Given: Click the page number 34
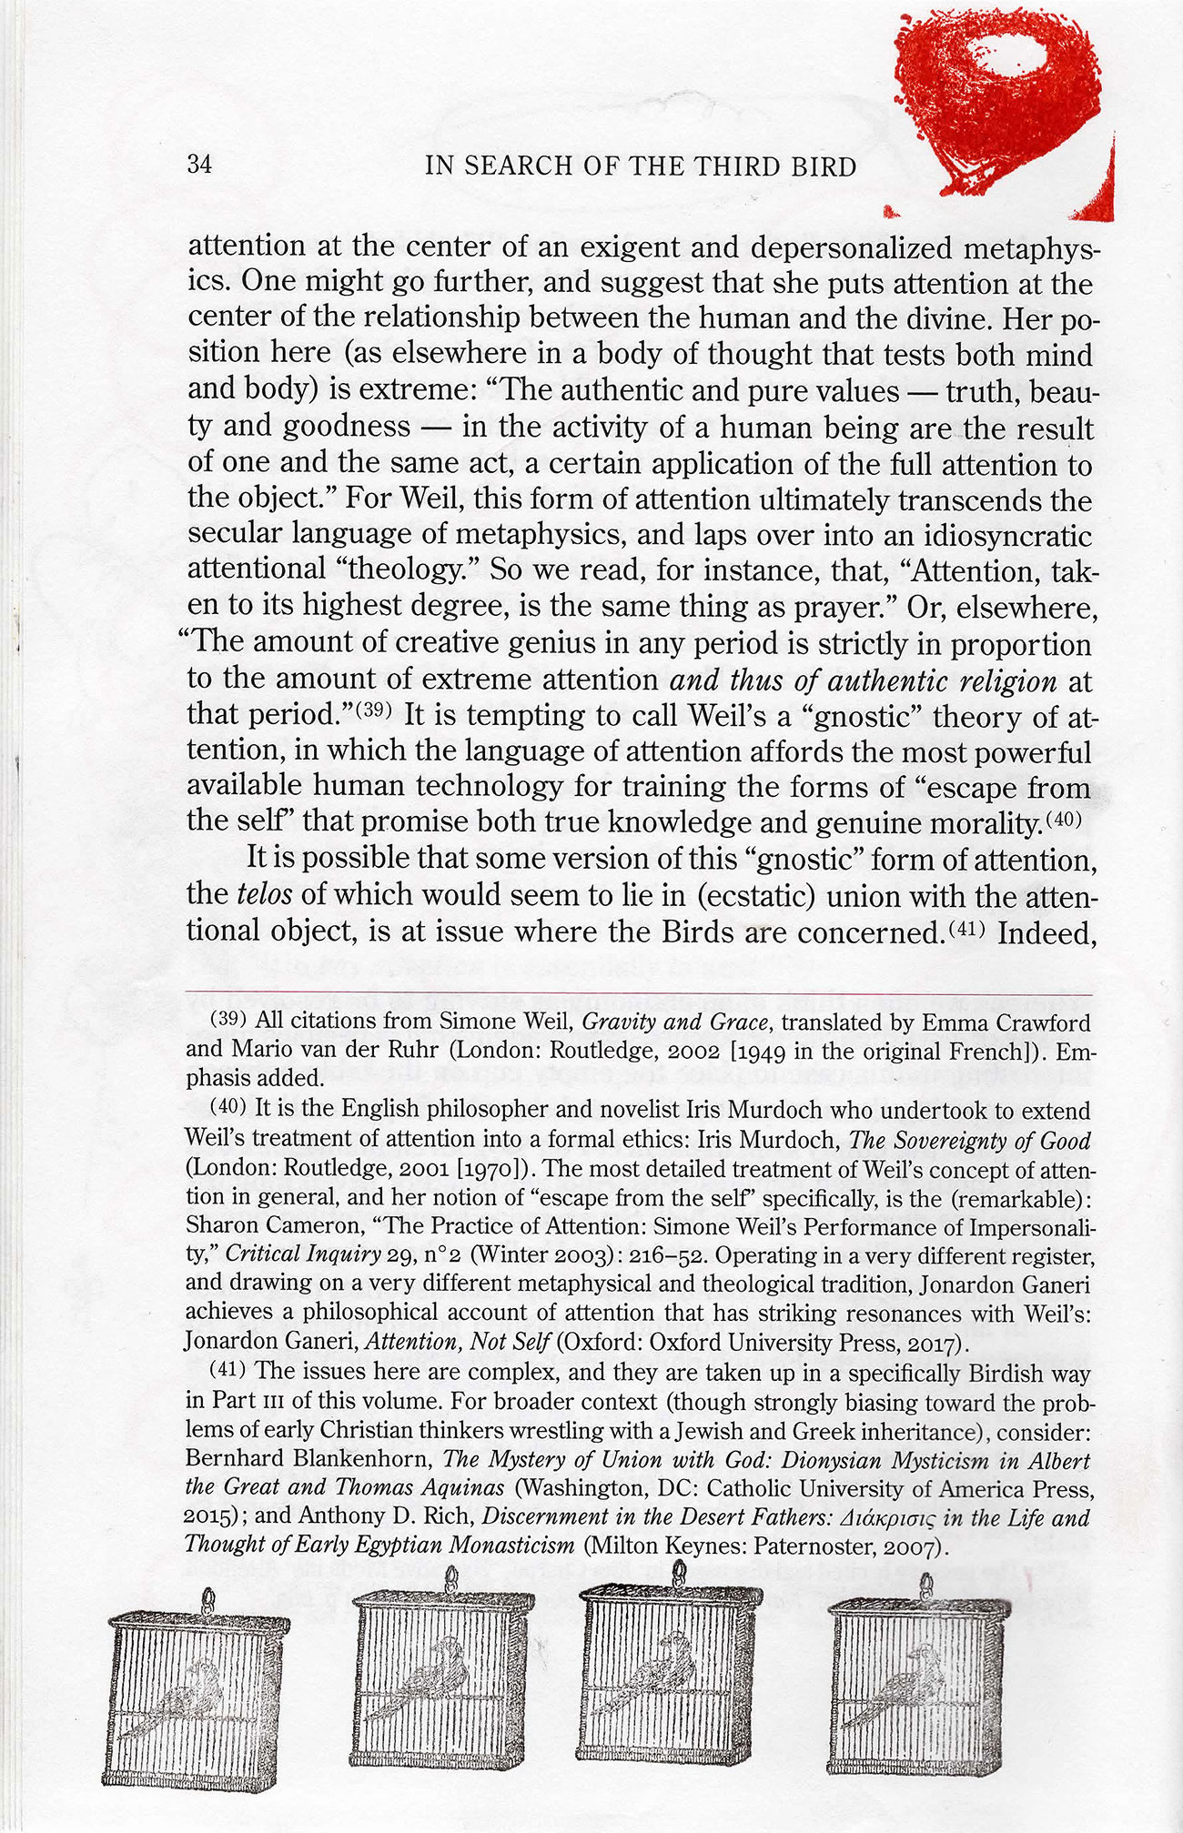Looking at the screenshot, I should coord(199,165).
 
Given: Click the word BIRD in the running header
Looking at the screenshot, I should coord(824,167).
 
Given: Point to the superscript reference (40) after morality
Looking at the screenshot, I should coord(1062,819).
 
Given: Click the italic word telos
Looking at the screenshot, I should coord(264,894).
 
